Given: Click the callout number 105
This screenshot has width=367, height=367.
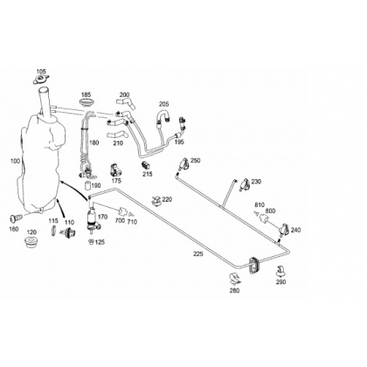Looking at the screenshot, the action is tap(41, 72).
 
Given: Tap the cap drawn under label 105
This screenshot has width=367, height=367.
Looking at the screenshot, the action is tap(41, 80).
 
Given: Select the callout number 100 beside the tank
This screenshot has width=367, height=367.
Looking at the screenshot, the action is tap(15, 161).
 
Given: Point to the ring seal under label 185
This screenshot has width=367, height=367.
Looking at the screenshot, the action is tap(86, 103).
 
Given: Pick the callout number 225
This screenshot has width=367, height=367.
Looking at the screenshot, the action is tap(198, 254).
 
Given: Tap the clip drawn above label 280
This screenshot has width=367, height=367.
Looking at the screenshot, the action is tap(235, 279).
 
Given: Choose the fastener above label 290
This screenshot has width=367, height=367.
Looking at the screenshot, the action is tap(280, 271).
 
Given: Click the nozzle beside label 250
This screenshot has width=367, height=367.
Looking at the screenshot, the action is tap(184, 164).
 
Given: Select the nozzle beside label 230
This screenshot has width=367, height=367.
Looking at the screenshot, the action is tap(245, 184).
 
